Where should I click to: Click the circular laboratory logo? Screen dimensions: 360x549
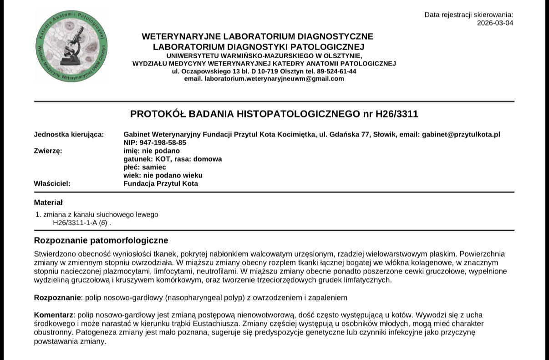tap(71, 46)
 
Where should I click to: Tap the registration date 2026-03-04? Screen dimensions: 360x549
tap(495, 23)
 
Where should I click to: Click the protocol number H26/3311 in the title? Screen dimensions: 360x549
tap(396, 114)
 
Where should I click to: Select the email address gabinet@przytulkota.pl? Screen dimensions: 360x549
tap(461, 134)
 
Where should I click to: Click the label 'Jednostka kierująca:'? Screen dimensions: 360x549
tap(69, 134)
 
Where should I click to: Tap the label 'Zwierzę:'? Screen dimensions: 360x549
tap(48, 151)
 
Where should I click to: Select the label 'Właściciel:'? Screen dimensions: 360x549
tap(52, 184)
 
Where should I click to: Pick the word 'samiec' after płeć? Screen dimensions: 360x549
tap(155, 167)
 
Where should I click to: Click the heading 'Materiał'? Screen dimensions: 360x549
tap(48, 203)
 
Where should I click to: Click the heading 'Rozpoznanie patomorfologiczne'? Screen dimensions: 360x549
tap(101, 240)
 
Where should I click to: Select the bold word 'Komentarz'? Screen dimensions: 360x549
tap(53, 315)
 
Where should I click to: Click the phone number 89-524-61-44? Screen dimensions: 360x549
tap(336, 71)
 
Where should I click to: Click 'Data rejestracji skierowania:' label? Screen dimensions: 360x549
tap(468, 15)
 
